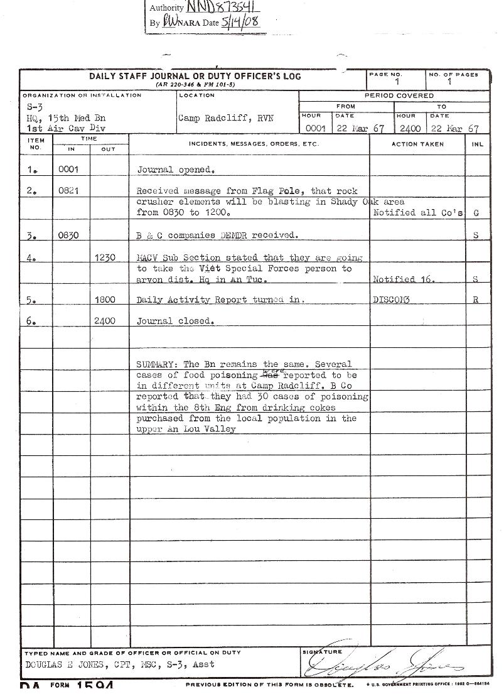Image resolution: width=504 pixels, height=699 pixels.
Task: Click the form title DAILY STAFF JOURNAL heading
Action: pyautogui.click(x=195, y=76)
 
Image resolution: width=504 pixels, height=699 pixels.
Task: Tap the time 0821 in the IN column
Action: pyautogui.click(x=68, y=191)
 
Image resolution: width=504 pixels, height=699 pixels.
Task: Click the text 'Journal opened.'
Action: pyautogui.click(x=176, y=170)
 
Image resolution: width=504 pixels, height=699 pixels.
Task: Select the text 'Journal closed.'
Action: pyautogui.click(x=176, y=321)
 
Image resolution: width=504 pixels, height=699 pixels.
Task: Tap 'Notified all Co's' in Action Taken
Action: pyautogui.click(x=418, y=213)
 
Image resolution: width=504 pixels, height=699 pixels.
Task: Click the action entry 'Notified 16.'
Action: pyautogui.click(x=404, y=279)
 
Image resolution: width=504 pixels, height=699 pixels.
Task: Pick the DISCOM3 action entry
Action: pyautogui.click(x=391, y=300)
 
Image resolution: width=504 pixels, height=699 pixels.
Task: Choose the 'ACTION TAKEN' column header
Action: pyautogui.click(x=417, y=144)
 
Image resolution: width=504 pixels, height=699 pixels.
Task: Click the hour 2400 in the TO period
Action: pyautogui.click(x=410, y=129)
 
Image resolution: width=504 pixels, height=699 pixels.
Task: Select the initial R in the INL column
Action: pyautogui.click(x=476, y=300)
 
